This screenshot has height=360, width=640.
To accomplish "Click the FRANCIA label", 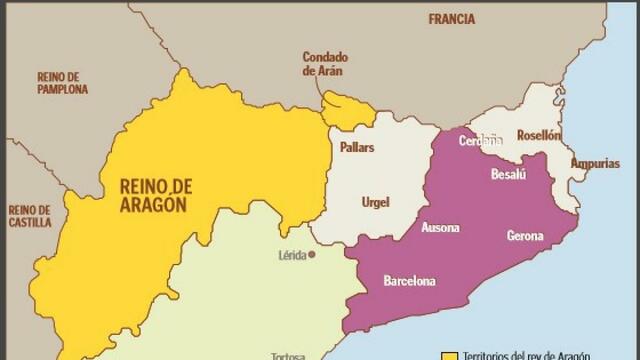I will [x=451, y=19].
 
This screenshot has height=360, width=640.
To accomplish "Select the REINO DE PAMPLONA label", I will [x=62, y=82].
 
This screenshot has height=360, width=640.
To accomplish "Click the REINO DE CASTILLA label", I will [x=29, y=216].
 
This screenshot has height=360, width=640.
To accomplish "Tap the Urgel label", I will [x=375, y=203].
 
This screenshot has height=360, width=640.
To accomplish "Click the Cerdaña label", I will [x=480, y=141].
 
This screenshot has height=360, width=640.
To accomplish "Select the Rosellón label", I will [x=539, y=135].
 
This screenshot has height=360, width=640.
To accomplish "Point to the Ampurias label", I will [x=594, y=163].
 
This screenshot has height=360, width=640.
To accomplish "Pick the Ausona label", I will [x=441, y=228].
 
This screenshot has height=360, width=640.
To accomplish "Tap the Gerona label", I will [x=525, y=236].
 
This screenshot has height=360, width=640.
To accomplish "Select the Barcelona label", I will [x=410, y=281].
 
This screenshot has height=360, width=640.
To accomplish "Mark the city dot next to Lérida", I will [x=312, y=255].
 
